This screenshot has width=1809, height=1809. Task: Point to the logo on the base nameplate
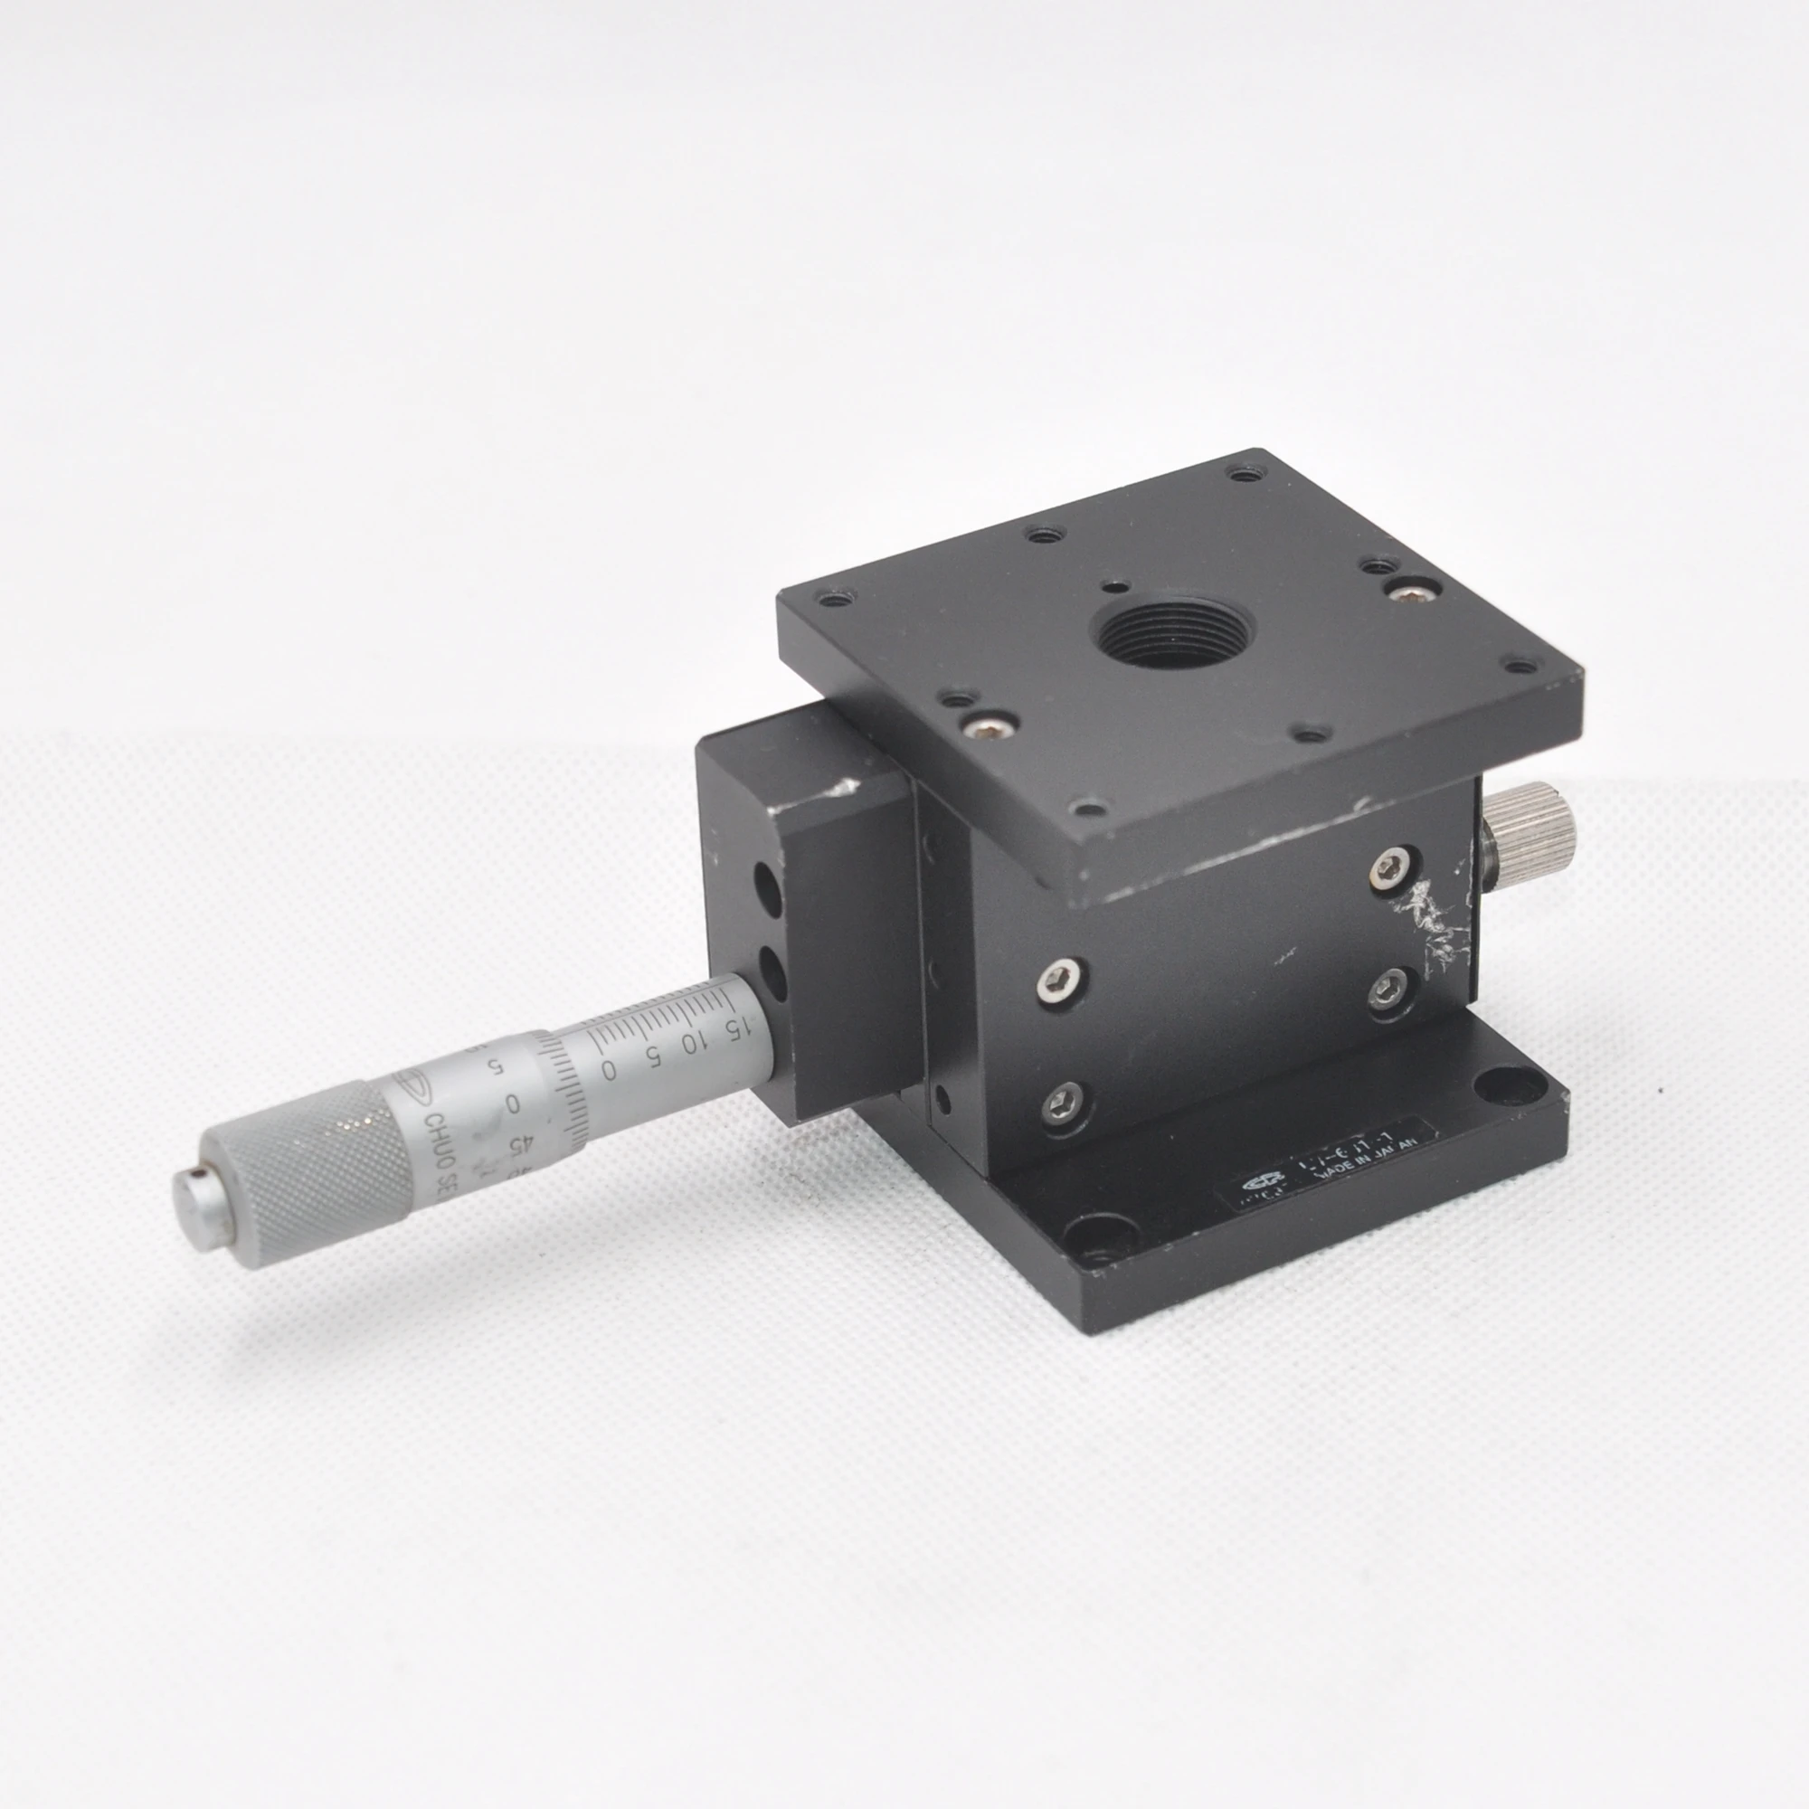pyautogui.click(x=1262, y=1187)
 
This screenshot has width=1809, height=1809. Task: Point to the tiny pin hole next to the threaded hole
pyautogui.click(x=1113, y=588)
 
